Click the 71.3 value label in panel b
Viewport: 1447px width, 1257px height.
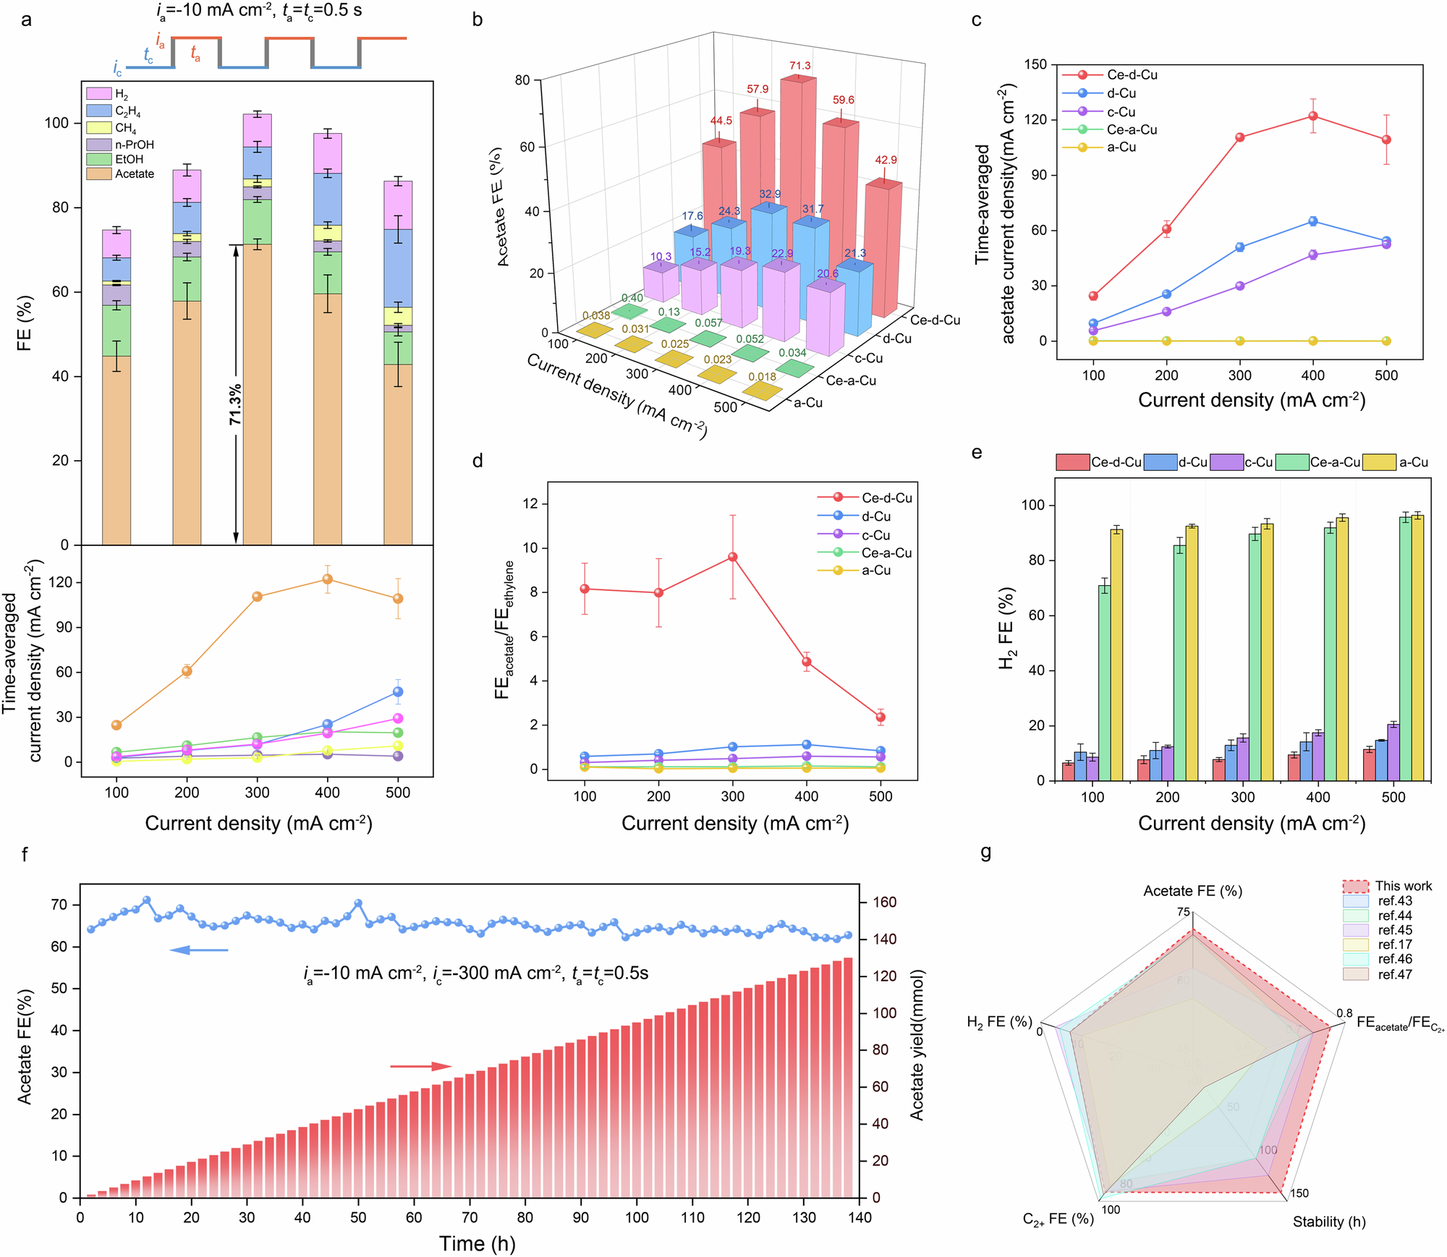click(800, 66)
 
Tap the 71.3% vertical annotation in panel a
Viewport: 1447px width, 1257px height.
click(235, 405)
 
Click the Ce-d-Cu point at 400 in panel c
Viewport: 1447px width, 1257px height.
click(1312, 116)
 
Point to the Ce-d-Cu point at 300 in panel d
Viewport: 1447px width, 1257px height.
click(732, 557)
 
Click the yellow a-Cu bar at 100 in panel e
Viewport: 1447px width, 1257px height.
click(1116, 655)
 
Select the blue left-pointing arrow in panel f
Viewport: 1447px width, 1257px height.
click(198, 950)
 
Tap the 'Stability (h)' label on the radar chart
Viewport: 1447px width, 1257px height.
click(1329, 1222)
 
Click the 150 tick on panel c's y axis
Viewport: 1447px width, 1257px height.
click(1035, 65)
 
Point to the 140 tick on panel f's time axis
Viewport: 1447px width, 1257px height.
click(860, 1218)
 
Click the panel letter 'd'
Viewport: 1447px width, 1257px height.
click(478, 461)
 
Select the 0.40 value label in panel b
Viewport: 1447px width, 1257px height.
click(632, 298)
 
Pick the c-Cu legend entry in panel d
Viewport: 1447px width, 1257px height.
click(875, 535)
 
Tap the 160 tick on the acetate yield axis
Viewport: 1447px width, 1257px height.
click(883, 902)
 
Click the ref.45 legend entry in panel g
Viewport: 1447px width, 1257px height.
click(1394, 930)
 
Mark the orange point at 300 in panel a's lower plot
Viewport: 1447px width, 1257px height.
click(257, 597)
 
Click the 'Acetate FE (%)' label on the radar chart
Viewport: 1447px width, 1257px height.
click(1192, 891)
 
